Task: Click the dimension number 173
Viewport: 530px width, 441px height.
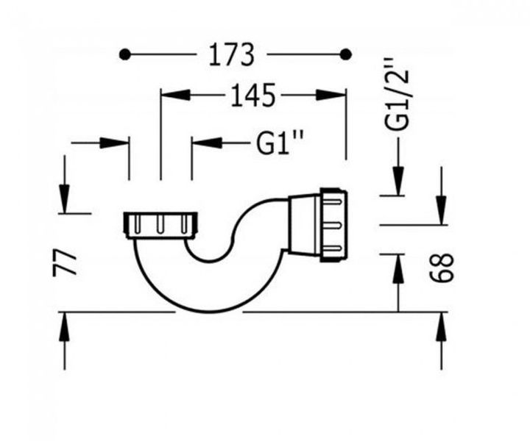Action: point(231,54)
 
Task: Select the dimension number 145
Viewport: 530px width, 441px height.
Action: point(253,96)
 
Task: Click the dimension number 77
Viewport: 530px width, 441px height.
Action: point(64,262)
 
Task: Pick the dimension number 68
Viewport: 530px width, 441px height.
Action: point(442,268)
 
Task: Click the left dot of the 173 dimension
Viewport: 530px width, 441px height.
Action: point(124,54)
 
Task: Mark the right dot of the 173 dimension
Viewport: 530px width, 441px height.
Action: point(345,54)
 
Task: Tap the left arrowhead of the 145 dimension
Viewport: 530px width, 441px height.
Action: point(175,95)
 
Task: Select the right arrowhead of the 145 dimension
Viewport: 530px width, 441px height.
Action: point(331,95)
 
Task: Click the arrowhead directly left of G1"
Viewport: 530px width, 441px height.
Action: point(207,142)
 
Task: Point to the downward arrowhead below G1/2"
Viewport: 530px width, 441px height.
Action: point(398,181)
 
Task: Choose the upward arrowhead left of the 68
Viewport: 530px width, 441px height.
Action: point(398,268)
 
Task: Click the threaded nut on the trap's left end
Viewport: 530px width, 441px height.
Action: point(160,226)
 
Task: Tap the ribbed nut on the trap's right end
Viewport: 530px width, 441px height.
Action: point(333,225)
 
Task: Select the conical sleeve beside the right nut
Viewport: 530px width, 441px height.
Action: point(303,224)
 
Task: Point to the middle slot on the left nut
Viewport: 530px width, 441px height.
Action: point(160,226)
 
